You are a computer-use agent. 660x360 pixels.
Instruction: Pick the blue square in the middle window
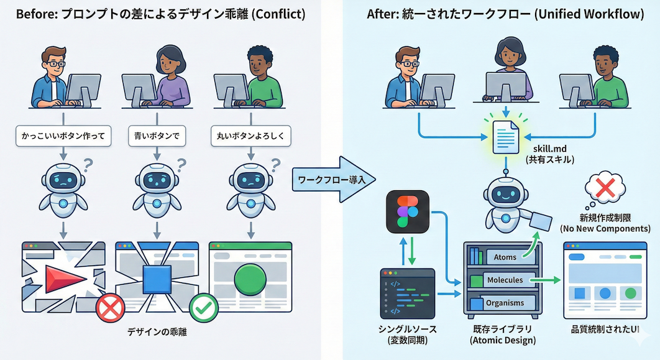pyautogui.click(x=157, y=279)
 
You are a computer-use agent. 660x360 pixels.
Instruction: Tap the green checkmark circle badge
pyautogui.click(x=203, y=307)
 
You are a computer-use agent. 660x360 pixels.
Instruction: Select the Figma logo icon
pyautogui.click(x=407, y=211)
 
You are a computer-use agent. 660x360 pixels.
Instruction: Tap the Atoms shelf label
pyautogui.click(x=505, y=257)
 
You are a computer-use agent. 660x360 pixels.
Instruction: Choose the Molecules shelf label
pyautogui.click(x=505, y=280)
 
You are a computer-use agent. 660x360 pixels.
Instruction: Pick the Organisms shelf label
pyautogui.click(x=505, y=303)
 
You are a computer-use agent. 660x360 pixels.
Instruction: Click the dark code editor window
pyautogui.click(x=407, y=293)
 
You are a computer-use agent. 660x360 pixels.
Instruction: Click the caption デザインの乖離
pyautogui.click(x=158, y=332)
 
